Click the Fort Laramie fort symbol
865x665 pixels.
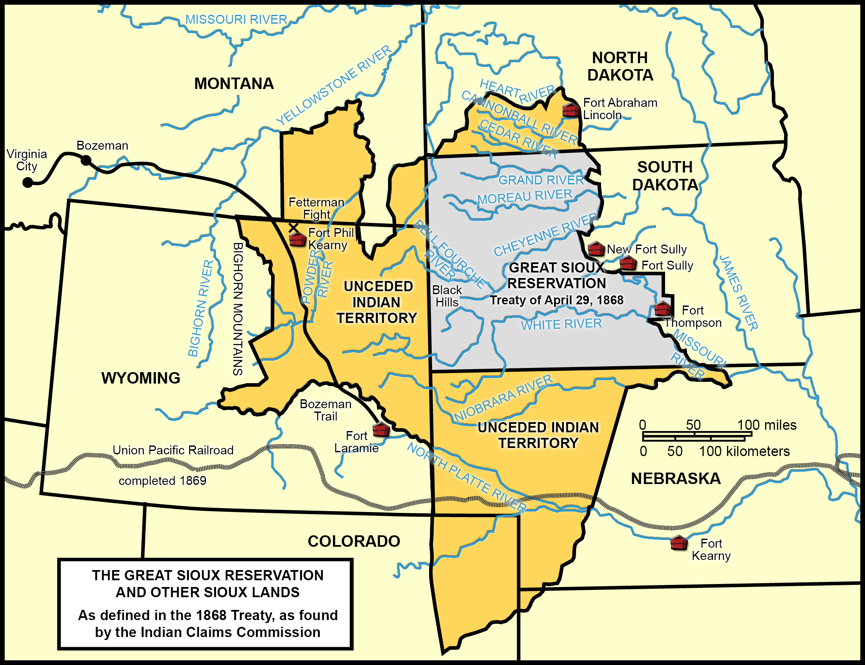[381, 430]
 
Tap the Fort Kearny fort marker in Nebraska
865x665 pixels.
[679, 543]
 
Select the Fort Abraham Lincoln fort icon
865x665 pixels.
[571, 110]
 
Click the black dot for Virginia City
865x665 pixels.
[28, 182]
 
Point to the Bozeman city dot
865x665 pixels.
[86, 160]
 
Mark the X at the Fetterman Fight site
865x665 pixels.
[293, 228]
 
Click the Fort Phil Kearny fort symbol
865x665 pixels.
[297, 239]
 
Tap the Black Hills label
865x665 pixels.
[447, 296]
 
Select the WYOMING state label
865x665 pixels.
[141, 378]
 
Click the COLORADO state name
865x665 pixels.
[354, 541]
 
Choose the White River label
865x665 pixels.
[561, 324]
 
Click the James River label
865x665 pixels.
[738, 292]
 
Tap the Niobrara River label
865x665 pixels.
[503, 398]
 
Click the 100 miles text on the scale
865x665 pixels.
[767, 425]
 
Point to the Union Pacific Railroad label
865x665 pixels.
[173, 450]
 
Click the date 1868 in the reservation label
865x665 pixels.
[610, 300]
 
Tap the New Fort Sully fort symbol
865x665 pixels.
[596, 249]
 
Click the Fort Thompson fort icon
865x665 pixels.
[662, 309]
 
